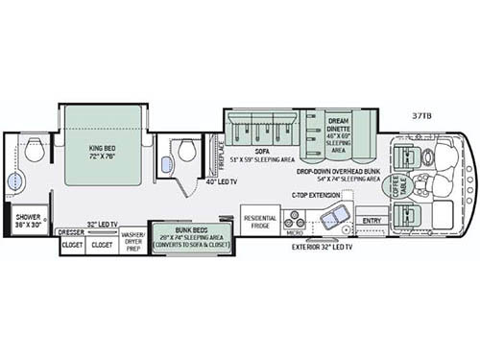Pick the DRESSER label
pyautogui.click(x=71, y=231)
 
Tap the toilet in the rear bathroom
pyautogui.click(x=36, y=152)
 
